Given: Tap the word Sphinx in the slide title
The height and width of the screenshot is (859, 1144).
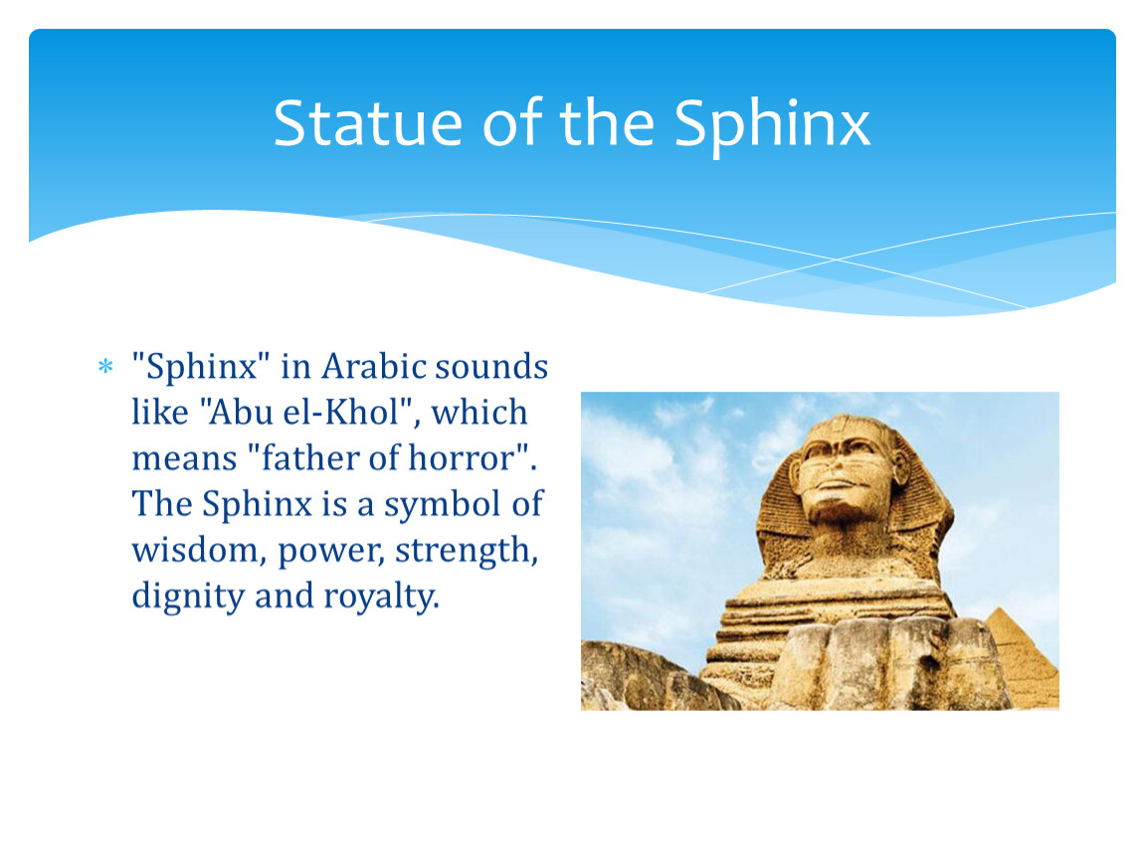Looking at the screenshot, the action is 772,125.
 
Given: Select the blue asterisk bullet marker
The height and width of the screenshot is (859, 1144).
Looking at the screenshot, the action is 105,366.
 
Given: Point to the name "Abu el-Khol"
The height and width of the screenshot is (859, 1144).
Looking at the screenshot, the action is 303,412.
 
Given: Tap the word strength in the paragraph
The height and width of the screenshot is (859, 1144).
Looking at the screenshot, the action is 467,551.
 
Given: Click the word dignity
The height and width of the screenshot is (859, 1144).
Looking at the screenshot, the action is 188,597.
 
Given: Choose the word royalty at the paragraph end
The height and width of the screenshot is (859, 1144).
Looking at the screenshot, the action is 382,597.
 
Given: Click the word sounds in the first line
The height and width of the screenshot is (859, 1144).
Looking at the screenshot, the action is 491,365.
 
